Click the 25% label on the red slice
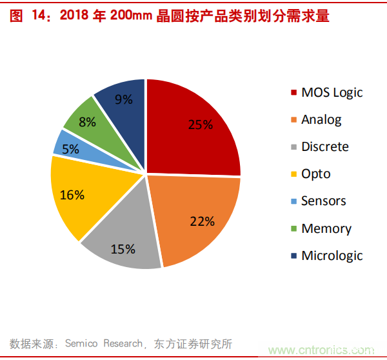point(200,125)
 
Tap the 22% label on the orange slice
point(202,221)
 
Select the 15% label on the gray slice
point(123,248)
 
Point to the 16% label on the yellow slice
point(72,194)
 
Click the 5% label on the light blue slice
point(71,148)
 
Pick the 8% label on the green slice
point(87,121)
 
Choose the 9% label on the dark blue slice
point(123,99)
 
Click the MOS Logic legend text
point(332,92)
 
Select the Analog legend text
point(321,119)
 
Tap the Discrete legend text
point(324,146)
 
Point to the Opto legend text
point(315,174)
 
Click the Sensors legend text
point(323,201)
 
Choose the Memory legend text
point(326,228)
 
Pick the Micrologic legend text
point(332,255)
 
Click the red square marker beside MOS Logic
point(294,92)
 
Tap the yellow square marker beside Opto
point(294,174)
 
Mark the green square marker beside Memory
point(294,228)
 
